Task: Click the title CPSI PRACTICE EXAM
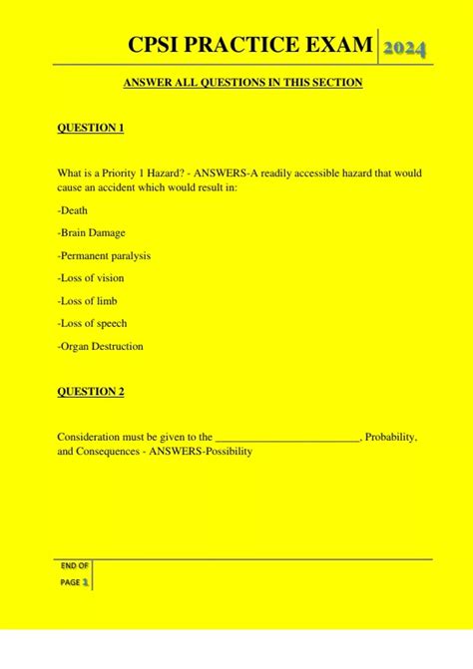[x=250, y=44]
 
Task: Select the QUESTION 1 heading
[x=91, y=129]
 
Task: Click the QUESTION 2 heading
[x=91, y=392]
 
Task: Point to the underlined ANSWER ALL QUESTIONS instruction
[x=242, y=83]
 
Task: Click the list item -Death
[x=73, y=210]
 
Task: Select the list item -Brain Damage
[x=91, y=232]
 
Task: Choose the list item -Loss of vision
[x=91, y=278]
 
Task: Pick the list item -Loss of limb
[x=88, y=301]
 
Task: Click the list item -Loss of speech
[x=92, y=323]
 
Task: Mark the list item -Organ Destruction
[x=100, y=346]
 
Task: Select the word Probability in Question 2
[x=392, y=437]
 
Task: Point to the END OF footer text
[x=75, y=565]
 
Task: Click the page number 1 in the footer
[x=86, y=580]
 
